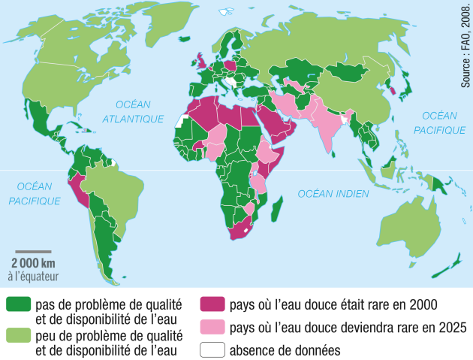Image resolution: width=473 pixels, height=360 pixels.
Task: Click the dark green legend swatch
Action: [x=19, y=304]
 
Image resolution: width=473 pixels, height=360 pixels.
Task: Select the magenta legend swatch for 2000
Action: [x=212, y=304]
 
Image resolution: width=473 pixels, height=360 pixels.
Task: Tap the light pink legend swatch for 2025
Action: [x=212, y=328]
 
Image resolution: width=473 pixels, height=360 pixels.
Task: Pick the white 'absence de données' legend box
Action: [x=212, y=349]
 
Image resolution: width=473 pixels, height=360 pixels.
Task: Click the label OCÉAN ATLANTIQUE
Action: [x=133, y=112]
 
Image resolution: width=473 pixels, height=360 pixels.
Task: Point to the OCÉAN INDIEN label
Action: [x=333, y=194]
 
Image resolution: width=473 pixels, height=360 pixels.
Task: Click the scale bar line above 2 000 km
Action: [x=33, y=252]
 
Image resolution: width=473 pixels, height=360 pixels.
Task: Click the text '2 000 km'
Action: [x=33, y=263]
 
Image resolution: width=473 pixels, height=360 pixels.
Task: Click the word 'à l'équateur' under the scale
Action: [x=33, y=276]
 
